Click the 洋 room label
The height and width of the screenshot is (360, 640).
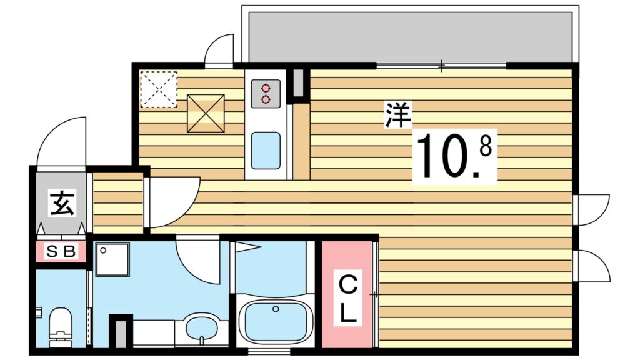tap(397, 116)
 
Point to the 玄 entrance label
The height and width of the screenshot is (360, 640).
tap(61, 204)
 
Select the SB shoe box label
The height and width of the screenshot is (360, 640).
tap(61, 252)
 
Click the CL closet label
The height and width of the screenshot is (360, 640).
tap(348, 299)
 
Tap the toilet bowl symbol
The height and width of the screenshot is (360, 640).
tap(61, 324)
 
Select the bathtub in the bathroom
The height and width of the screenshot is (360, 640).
tap(275, 322)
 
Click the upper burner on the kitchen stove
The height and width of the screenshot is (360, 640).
tap(266, 88)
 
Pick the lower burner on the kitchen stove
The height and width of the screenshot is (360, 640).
tap(266, 99)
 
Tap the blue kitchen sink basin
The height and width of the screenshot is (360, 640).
tap(266, 150)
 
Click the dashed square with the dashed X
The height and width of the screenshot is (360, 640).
tap(158, 89)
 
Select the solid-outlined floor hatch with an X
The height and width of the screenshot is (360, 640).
tap(206, 113)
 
